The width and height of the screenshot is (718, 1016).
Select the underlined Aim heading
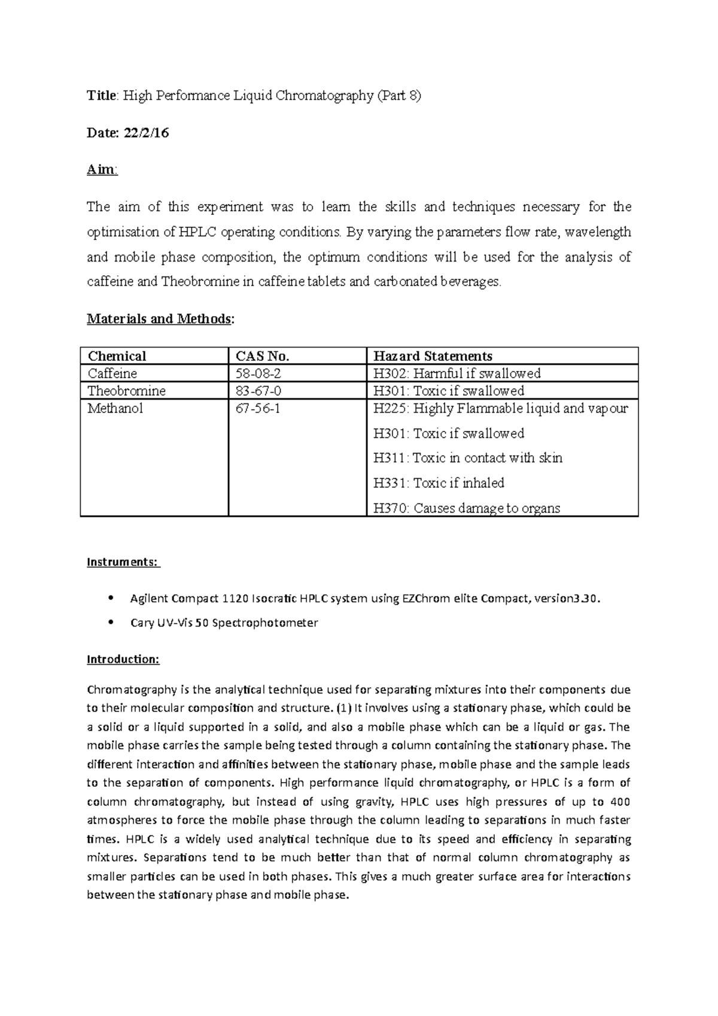(102, 170)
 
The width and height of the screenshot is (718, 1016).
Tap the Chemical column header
(117, 356)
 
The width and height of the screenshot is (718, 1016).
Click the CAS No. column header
(263, 356)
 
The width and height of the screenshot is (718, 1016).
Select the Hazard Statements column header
(433, 356)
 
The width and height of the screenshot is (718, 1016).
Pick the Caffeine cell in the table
(112, 373)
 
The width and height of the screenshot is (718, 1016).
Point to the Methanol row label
(115, 409)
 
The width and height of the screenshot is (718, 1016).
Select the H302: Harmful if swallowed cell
(457, 373)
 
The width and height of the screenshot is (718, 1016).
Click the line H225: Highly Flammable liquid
(501, 409)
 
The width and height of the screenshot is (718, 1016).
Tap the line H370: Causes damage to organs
(467, 508)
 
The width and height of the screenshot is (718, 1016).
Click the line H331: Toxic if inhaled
(439, 483)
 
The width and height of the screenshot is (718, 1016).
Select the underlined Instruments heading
(123, 562)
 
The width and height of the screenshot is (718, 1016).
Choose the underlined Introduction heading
(123, 659)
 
